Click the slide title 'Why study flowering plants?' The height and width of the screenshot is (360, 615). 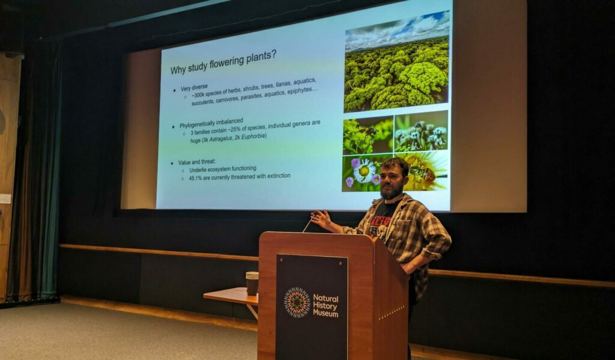[223, 62]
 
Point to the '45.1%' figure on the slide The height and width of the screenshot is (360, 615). [195, 178]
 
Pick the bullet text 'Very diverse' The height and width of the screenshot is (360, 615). [194, 88]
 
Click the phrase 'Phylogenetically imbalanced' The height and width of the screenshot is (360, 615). [211, 123]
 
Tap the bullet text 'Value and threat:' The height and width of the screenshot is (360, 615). [196, 162]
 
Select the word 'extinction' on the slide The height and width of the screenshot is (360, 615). [279, 175]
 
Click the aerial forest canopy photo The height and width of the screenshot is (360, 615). [397, 63]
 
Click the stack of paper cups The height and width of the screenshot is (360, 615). [252, 283]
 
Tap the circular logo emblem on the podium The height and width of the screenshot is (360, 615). [297, 302]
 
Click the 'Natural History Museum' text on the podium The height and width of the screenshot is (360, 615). [326, 306]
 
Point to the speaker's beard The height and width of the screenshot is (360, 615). [391, 191]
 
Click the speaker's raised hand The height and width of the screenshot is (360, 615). [321, 219]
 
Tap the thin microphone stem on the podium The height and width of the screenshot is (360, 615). [307, 224]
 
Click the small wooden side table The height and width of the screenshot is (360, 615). [231, 298]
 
